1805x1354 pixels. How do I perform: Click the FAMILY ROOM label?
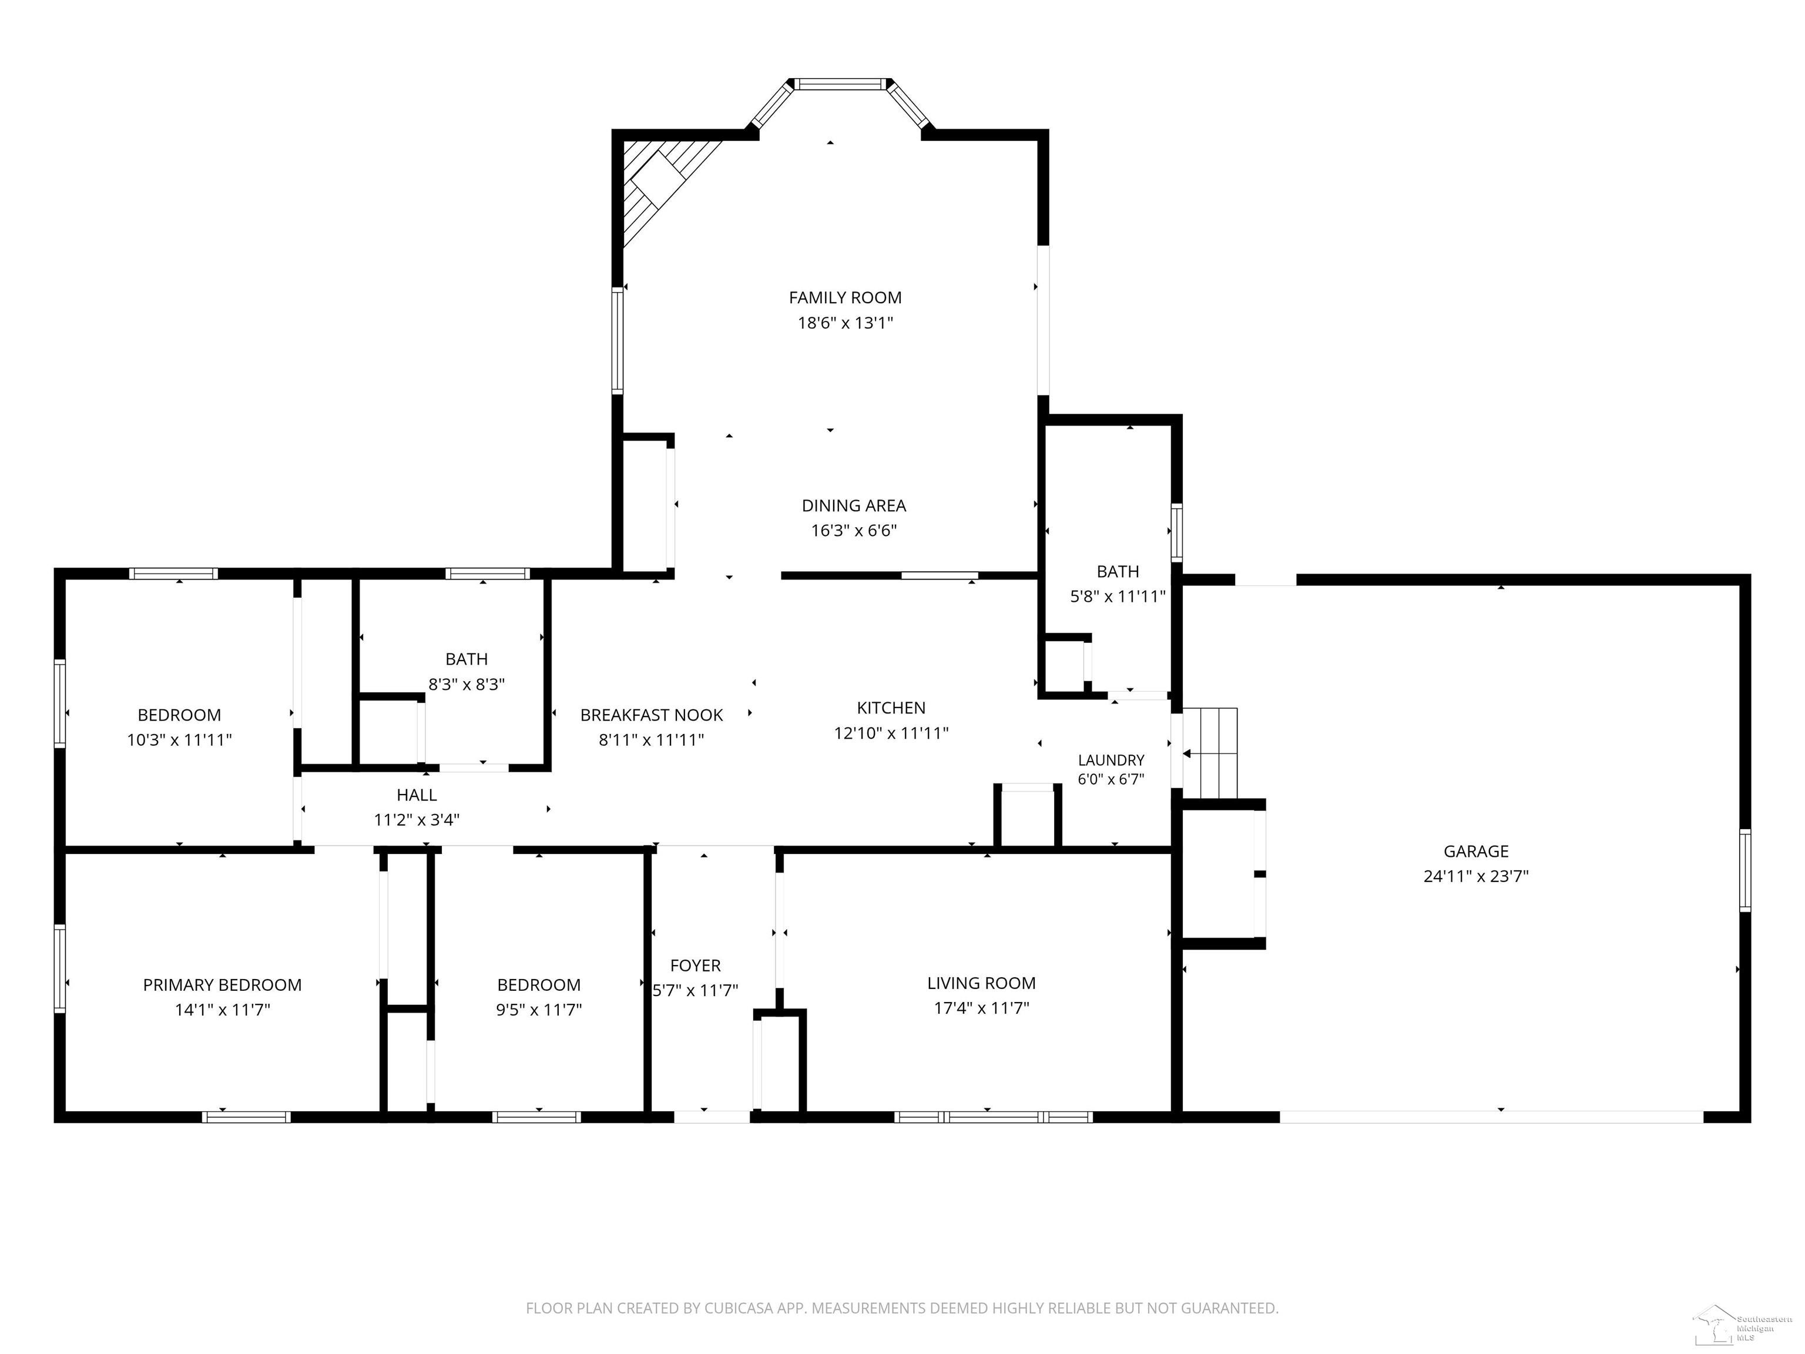[844, 298]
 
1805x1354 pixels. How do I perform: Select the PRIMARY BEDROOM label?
[222, 985]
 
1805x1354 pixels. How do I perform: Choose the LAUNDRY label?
[1110, 760]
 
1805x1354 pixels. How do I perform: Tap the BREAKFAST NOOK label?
[651, 716]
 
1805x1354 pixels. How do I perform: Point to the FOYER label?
[695, 966]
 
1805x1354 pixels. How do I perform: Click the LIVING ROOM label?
[981, 983]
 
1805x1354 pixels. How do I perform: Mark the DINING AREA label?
[854, 506]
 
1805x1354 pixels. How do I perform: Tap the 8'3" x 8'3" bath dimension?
[467, 685]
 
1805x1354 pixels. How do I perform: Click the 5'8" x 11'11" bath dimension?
[1117, 596]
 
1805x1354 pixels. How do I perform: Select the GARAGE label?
[1475, 852]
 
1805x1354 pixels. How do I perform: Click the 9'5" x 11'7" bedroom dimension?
[539, 1010]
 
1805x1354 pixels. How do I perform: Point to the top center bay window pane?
[840, 83]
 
